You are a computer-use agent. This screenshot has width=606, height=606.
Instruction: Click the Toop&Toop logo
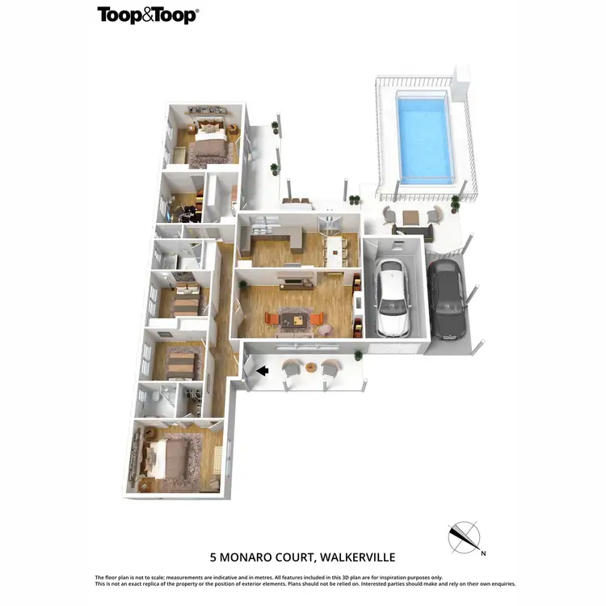pos(148,15)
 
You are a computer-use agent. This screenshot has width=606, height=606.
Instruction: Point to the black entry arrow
pos(261,371)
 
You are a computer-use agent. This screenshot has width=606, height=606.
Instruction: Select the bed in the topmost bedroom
pos(209,142)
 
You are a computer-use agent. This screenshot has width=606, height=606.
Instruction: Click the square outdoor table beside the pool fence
pos(411,217)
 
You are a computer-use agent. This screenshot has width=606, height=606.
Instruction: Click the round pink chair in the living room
pos(325,329)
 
